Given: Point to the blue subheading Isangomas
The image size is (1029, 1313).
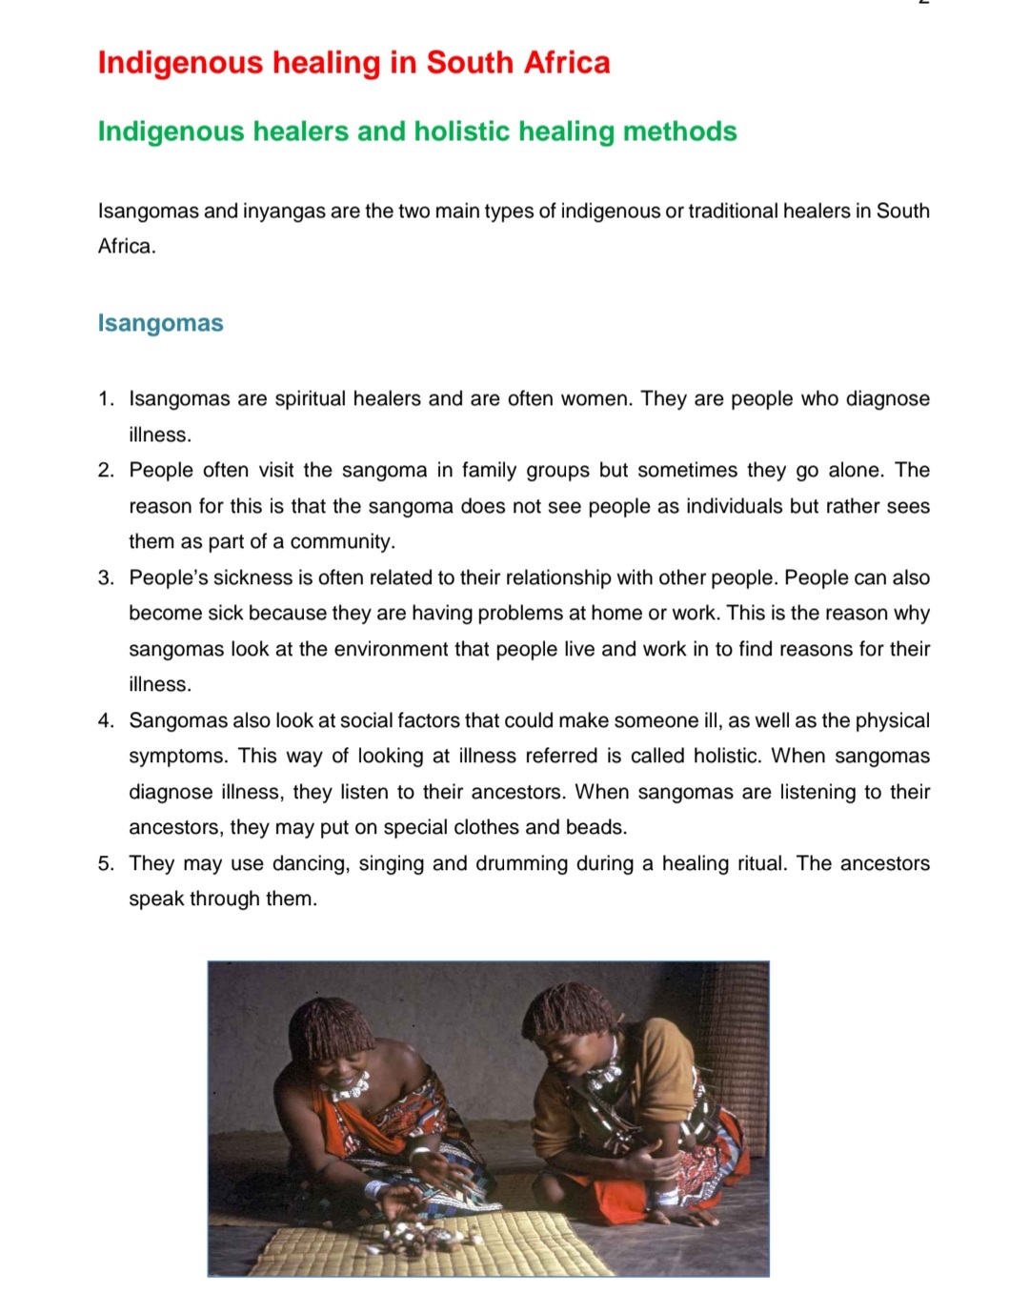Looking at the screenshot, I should tap(160, 323).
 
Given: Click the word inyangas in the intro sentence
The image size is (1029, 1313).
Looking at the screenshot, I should tap(283, 212).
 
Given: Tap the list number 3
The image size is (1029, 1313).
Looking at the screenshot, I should tap(106, 578).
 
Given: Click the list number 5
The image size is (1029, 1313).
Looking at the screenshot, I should tap(106, 864).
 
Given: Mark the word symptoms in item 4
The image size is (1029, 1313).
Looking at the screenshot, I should tap(178, 757).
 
